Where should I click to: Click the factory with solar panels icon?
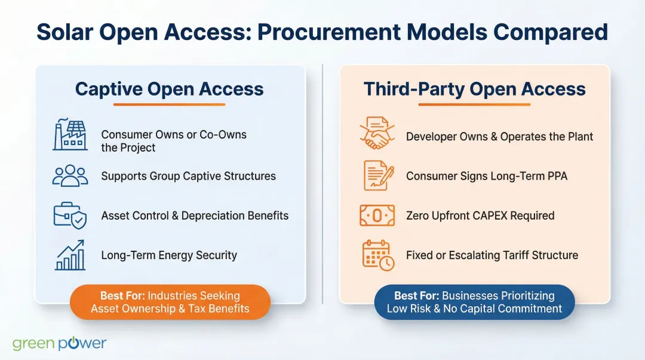70,135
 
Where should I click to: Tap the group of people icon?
70,176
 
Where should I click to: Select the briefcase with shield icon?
70,216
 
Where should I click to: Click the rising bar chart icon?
70,255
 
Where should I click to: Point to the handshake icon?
377,134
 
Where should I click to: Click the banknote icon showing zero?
377,216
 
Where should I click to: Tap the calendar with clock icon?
378,256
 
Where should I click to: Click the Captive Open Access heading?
169,89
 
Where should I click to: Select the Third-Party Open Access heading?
474,89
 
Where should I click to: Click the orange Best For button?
170,302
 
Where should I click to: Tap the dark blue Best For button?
474,302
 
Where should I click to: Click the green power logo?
59,343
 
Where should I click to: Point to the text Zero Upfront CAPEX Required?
480,216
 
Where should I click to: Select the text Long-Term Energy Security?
169,255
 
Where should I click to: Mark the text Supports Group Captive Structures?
188,176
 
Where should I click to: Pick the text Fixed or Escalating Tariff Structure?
492,255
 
